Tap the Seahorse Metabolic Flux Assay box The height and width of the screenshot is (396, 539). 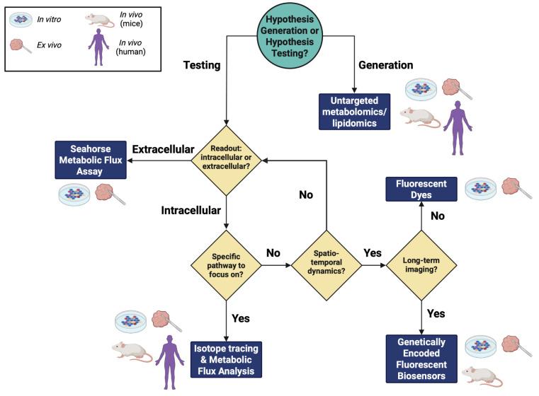point(89,159)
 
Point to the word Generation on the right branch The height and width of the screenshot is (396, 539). point(386,65)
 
